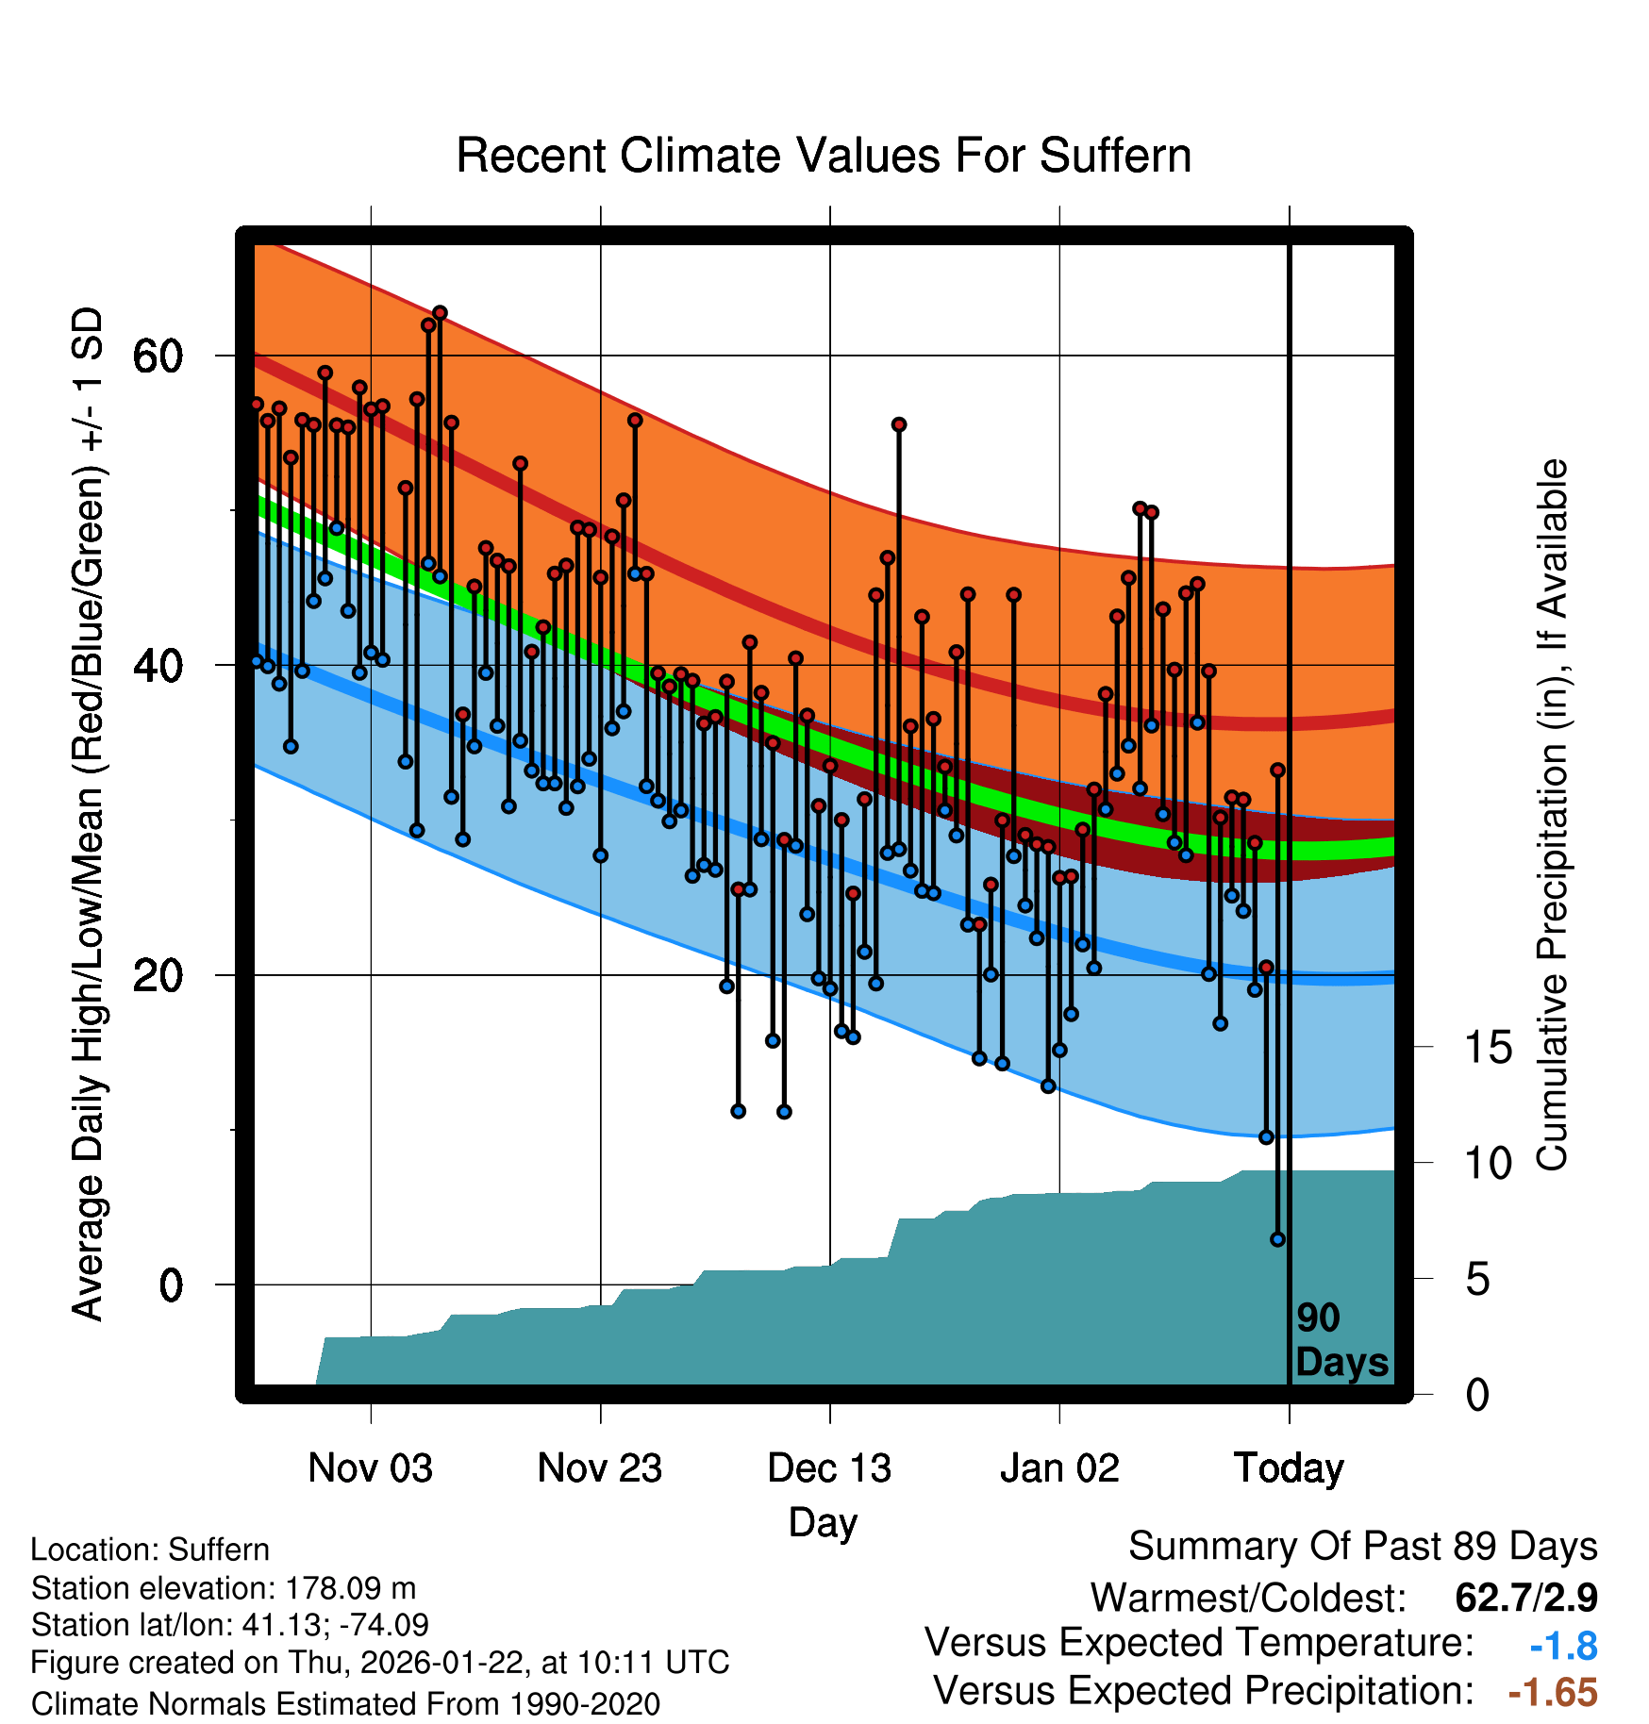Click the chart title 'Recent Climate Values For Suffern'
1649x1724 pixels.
coord(823,156)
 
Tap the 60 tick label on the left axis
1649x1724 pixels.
coord(158,356)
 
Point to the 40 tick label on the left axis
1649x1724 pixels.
coord(158,666)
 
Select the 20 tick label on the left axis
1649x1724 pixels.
coord(158,975)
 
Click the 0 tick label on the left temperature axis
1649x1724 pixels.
coord(171,1285)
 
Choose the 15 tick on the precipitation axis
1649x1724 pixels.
coord(1488,1048)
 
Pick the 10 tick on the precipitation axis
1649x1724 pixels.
coord(1488,1164)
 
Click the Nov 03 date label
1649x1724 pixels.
coord(370,1468)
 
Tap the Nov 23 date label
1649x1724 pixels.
coord(600,1468)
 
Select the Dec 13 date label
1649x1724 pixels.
coord(829,1468)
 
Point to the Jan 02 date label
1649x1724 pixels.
coord(1059,1468)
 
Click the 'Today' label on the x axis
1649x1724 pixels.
coord(1289,1468)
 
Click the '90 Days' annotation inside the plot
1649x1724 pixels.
coord(1341,1340)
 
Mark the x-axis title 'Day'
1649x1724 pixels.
coord(823,1522)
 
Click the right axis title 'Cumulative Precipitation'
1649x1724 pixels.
coord(1552,815)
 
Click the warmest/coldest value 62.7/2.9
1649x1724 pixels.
coord(1525,1598)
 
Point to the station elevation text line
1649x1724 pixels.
coord(224,1588)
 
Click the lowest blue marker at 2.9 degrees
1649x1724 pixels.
coord(1277,1239)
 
